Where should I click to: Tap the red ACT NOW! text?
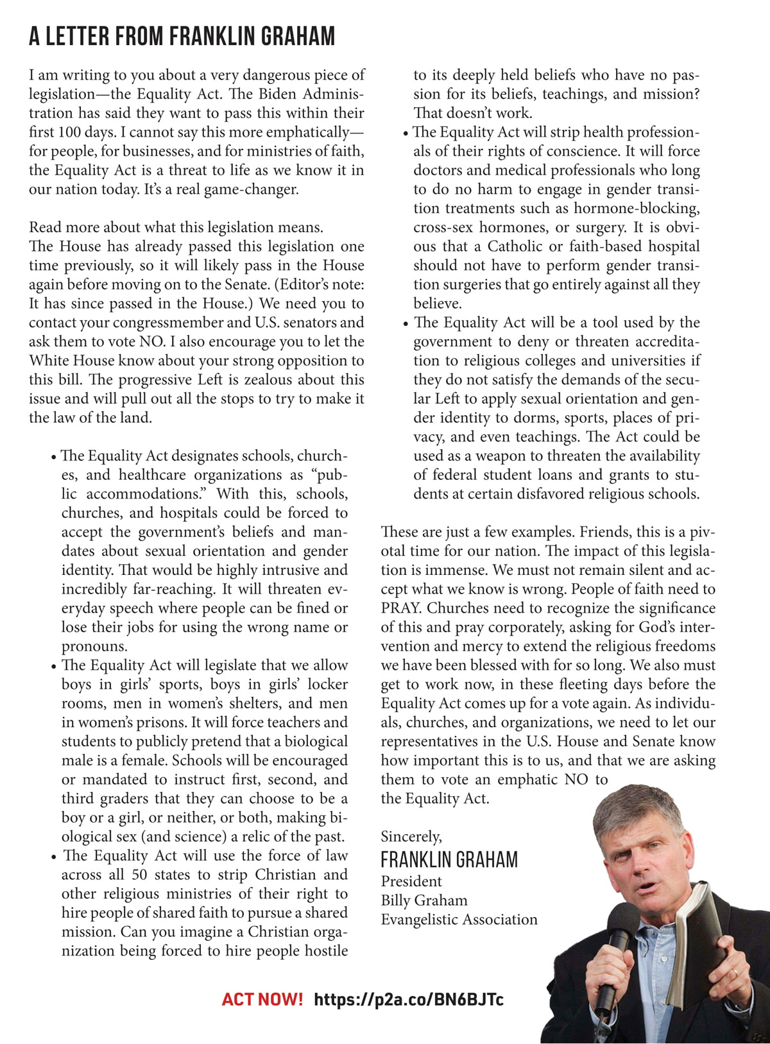click(262, 999)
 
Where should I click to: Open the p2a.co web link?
click(409, 999)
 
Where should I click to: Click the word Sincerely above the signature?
click(411, 836)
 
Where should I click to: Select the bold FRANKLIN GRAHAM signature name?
click(449, 859)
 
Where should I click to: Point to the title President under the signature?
click(411, 881)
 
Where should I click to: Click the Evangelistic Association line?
click(459, 920)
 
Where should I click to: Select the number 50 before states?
click(141, 875)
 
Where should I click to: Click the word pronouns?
click(94, 646)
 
